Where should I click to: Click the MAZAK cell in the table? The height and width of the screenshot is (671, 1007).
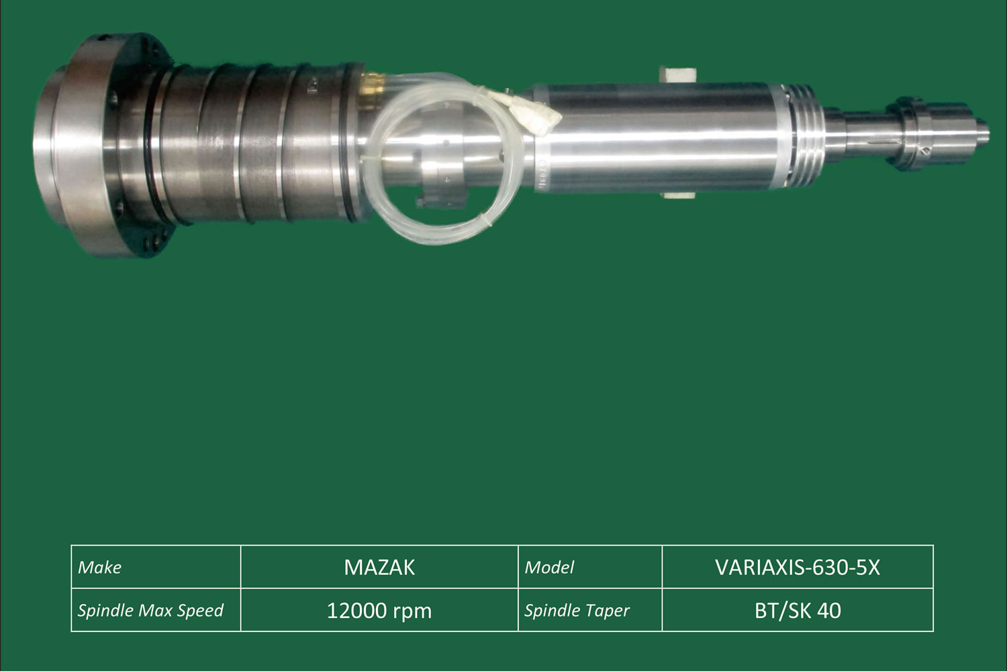coord(379,567)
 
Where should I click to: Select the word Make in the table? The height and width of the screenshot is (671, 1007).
coord(99,568)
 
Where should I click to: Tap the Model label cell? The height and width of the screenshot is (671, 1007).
coord(590,567)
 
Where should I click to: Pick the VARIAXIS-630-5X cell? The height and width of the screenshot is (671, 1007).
coord(798,567)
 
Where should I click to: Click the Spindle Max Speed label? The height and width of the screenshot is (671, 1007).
coord(150,611)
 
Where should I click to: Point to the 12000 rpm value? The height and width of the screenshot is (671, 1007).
coord(379,611)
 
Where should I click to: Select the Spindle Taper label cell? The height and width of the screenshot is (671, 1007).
coord(590,610)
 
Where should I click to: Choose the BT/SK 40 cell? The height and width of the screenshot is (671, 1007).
coord(798,610)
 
